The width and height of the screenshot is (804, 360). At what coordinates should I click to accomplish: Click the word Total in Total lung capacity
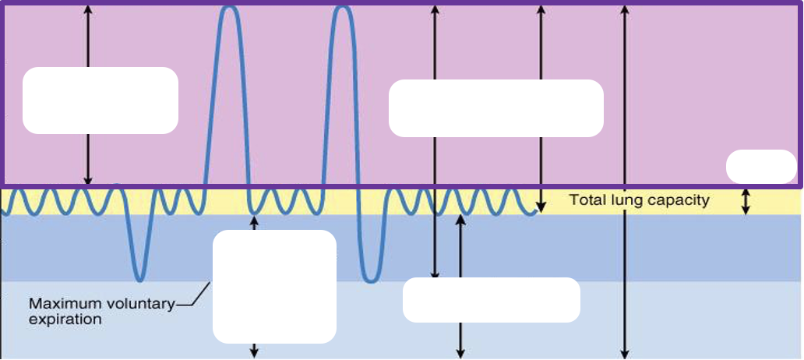tap(586, 200)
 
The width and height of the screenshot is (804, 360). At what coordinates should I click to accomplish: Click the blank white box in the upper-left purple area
tap(100, 101)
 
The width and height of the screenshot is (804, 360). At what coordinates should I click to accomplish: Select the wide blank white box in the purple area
tap(495, 108)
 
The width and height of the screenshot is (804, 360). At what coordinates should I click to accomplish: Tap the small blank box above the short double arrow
tap(761, 166)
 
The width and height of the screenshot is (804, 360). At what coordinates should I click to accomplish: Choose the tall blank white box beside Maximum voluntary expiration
tap(274, 287)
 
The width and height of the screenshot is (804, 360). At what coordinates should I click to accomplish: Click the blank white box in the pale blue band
tap(492, 300)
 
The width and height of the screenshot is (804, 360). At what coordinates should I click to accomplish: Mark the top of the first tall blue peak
tap(229, 7)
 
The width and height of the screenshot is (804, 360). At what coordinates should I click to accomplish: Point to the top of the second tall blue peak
tap(343, 7)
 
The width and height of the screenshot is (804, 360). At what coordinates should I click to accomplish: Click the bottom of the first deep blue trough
tap(140, 280)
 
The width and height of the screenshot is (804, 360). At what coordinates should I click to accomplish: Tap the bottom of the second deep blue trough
tap(370, 281)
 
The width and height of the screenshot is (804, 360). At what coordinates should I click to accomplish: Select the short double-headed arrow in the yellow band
tap(746, 202)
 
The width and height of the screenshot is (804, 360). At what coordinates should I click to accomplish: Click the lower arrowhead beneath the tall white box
tap(254, 353)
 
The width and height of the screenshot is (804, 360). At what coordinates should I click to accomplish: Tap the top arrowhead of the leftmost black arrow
tap(88, 9)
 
